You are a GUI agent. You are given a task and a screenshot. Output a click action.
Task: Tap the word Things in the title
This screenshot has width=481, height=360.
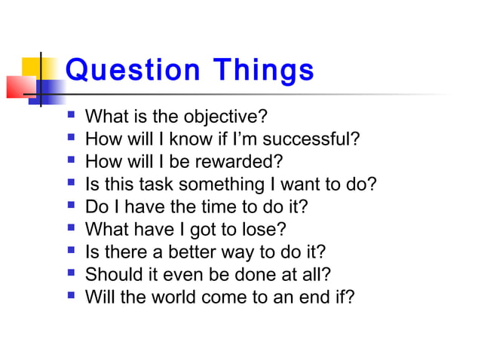pyautogui.click(x=262, y=71)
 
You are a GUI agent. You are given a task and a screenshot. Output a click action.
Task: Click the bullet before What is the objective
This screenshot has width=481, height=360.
pyautogui.click(x=71, y=117)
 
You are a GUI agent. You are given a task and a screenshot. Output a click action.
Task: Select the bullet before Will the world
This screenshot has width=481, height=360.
pyautogui.click(x=71, y=296)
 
